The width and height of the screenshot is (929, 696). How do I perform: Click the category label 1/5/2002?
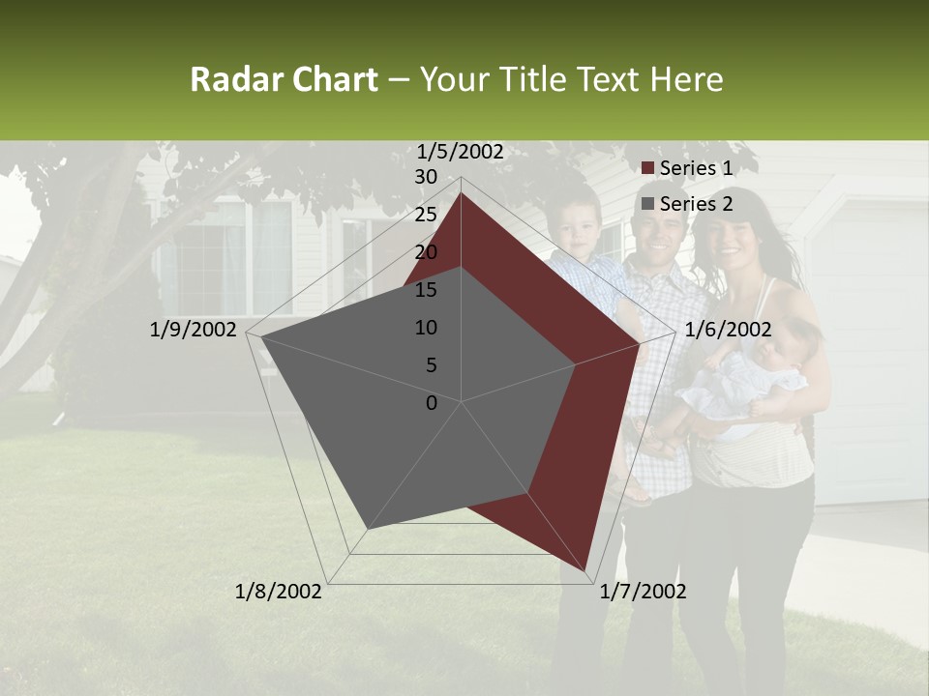(460, 151)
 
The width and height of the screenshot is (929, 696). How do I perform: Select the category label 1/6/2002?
(728, 330)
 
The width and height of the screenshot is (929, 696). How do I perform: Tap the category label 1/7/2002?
(643, 592)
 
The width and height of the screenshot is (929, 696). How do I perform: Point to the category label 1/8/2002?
(279, 592)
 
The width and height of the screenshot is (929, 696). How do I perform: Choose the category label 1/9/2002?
(193, 330)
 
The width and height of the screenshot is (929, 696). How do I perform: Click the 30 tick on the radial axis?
(426, 177)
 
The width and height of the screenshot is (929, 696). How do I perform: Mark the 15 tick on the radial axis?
(426, 290)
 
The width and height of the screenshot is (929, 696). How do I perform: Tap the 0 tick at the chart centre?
(432, 403)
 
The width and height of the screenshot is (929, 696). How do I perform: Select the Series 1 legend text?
(696, 168)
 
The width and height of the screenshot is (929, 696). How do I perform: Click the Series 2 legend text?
(696, 204)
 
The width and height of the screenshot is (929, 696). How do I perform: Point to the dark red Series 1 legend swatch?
(648, 169)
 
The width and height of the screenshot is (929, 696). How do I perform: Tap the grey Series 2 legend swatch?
(648, 205)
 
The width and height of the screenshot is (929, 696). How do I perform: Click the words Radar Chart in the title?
(284, 79)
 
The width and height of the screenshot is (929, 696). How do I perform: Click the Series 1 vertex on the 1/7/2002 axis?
(586, 570)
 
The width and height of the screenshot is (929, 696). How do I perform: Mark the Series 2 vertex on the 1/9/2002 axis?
(262, 337)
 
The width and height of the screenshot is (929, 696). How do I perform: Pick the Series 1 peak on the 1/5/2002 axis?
(462, 192)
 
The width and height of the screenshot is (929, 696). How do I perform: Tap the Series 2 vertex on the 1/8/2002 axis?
(367, 530)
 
